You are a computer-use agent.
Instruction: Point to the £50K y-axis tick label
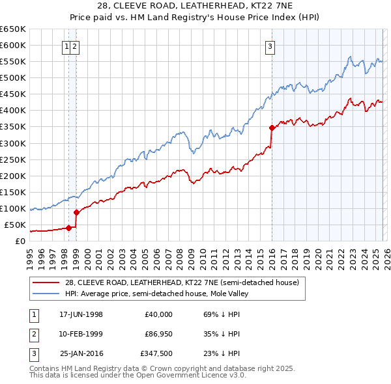pos(15,225)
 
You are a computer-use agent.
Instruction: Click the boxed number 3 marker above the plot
pos(270,46)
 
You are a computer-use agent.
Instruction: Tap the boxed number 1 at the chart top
pos(67,46)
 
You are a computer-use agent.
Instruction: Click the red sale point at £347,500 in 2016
pos(271,128)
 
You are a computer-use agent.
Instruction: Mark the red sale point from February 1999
pos(76,212)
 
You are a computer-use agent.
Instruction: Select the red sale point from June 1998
pos(68,228)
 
